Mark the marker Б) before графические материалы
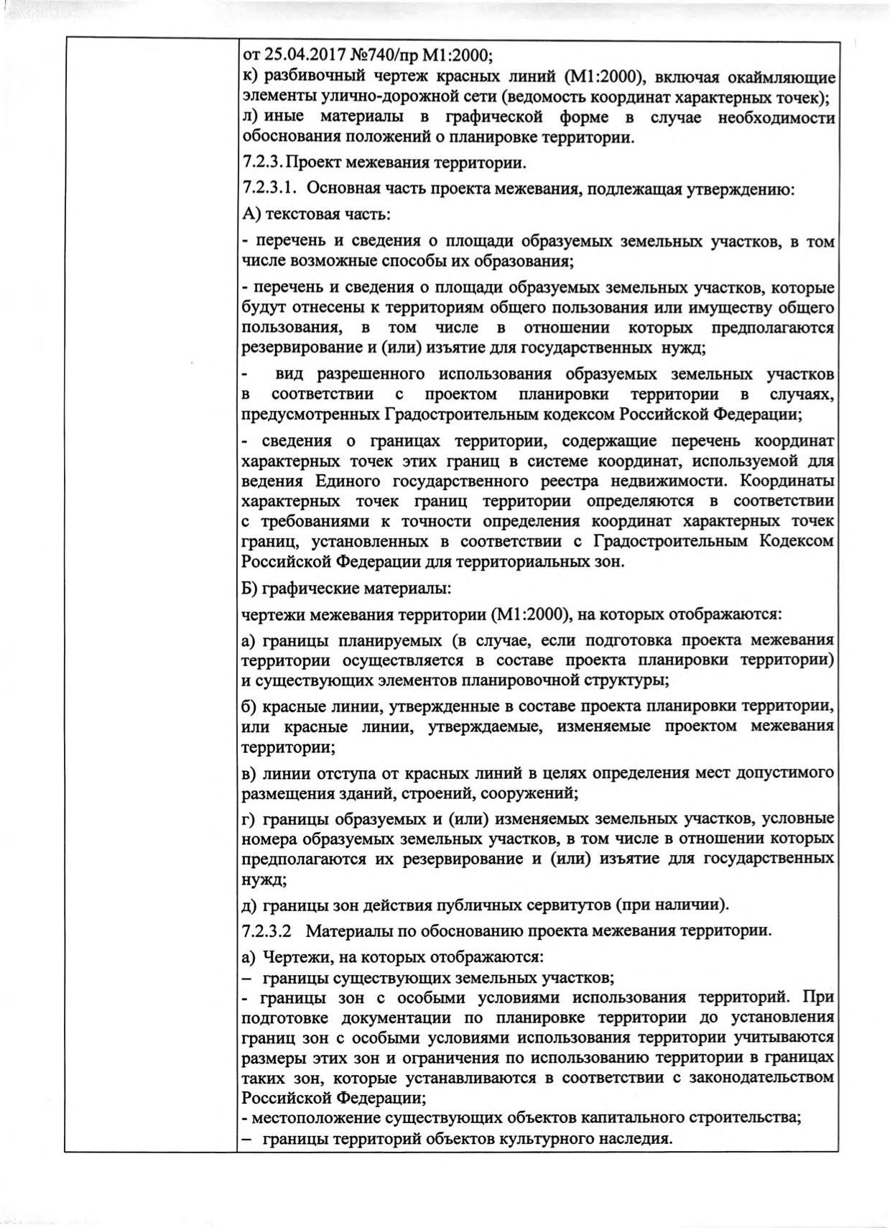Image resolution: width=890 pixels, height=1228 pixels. (251, 588)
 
